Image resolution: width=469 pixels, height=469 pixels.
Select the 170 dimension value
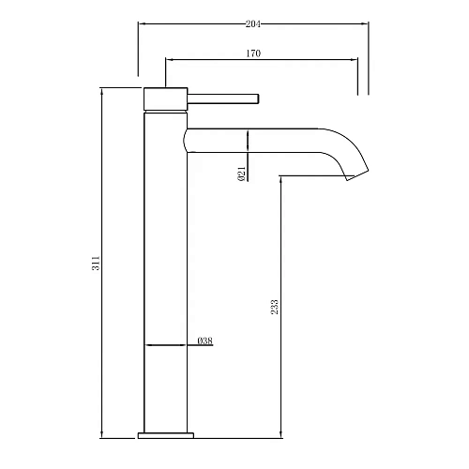(x=253, y=53)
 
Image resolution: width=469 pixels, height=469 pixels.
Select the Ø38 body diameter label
(x=204, y=340)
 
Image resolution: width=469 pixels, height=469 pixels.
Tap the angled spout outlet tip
(x=356, y=174)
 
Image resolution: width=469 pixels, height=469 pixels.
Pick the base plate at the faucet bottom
(x=166, y=434)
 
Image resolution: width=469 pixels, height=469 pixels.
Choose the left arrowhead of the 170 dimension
(x=170, y=61)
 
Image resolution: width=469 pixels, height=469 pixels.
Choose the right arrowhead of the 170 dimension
(x=354, y=61)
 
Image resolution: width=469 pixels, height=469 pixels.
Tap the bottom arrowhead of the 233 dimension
(x=280, y=433)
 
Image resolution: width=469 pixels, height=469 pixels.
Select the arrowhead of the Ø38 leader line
(x=149, y=347)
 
